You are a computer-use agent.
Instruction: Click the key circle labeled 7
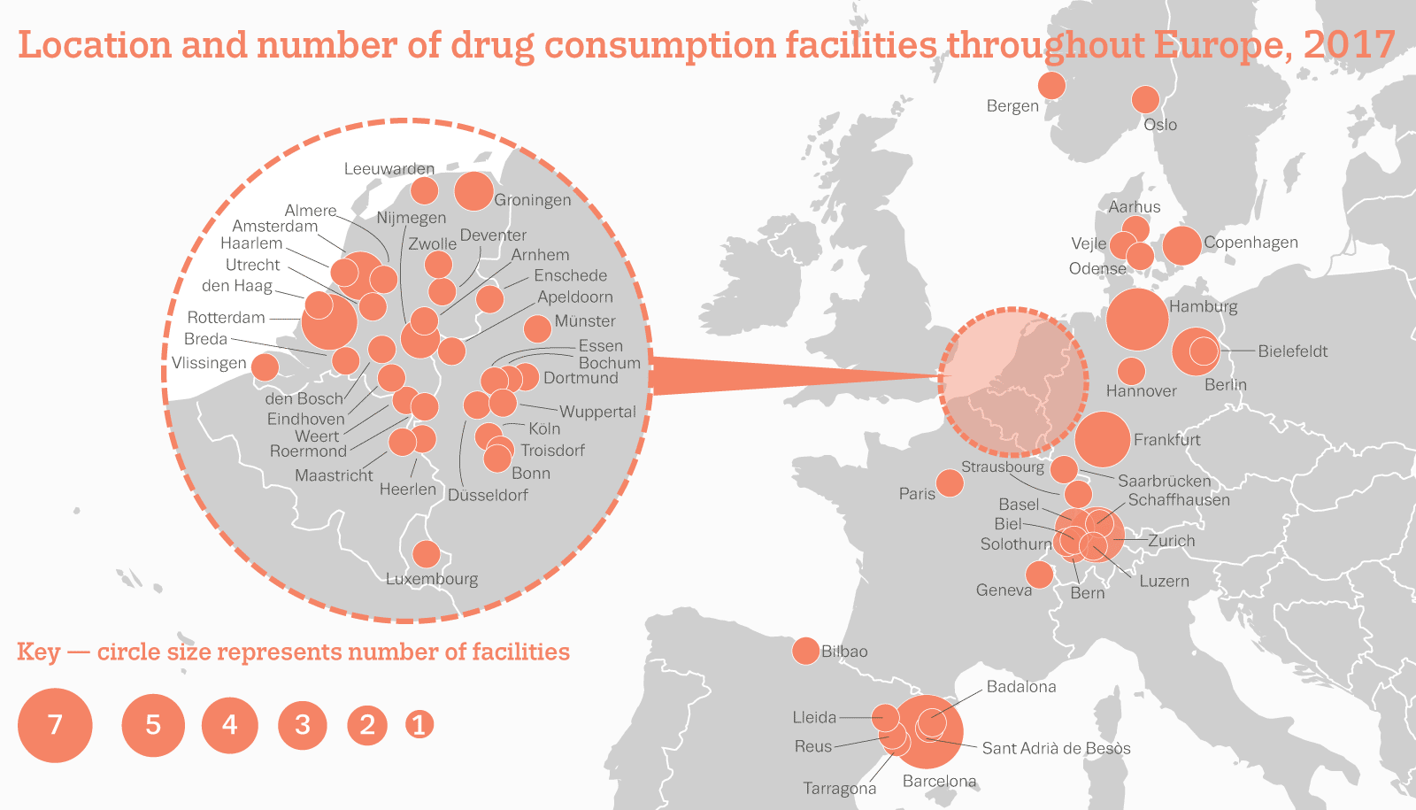55,725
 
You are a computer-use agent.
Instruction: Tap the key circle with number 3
303,725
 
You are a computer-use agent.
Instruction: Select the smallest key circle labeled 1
419,725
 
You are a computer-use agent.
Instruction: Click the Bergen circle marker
1051,86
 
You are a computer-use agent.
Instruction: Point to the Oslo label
1160,125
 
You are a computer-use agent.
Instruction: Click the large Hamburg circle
1137,319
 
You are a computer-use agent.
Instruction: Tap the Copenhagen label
1251,243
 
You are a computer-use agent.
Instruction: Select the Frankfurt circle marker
1103,439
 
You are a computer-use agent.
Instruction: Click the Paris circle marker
950,483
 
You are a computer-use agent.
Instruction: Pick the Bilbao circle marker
805,651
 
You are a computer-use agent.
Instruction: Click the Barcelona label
939,781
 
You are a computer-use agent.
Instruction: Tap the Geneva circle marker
1039,575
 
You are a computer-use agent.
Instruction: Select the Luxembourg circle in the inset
427,554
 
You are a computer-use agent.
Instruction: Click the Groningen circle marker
473,191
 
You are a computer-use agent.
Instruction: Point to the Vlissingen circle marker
265,366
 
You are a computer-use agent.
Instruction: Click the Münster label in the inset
584,321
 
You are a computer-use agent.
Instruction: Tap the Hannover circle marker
1131,371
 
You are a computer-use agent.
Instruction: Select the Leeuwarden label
389,169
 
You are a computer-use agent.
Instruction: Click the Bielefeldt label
1292,351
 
